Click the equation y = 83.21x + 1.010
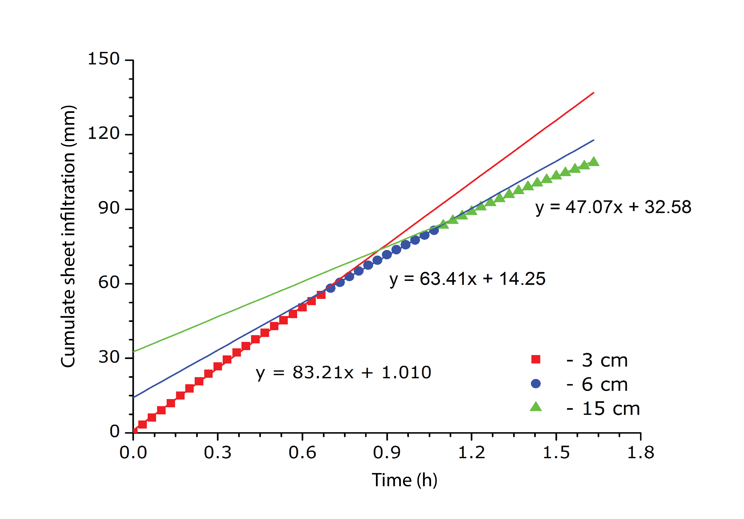[343, 373]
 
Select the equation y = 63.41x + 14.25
[467, 279]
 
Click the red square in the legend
[536, 359]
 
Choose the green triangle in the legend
[536, 407]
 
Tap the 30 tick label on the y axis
[109, 357]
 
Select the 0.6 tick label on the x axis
[302, 453]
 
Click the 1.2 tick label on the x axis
[472, 453]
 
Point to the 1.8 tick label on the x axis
[641, 453]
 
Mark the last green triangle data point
[594, 161]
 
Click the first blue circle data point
[330, 288]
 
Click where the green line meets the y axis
[134, 351]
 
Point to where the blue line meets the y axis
[134, 397]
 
